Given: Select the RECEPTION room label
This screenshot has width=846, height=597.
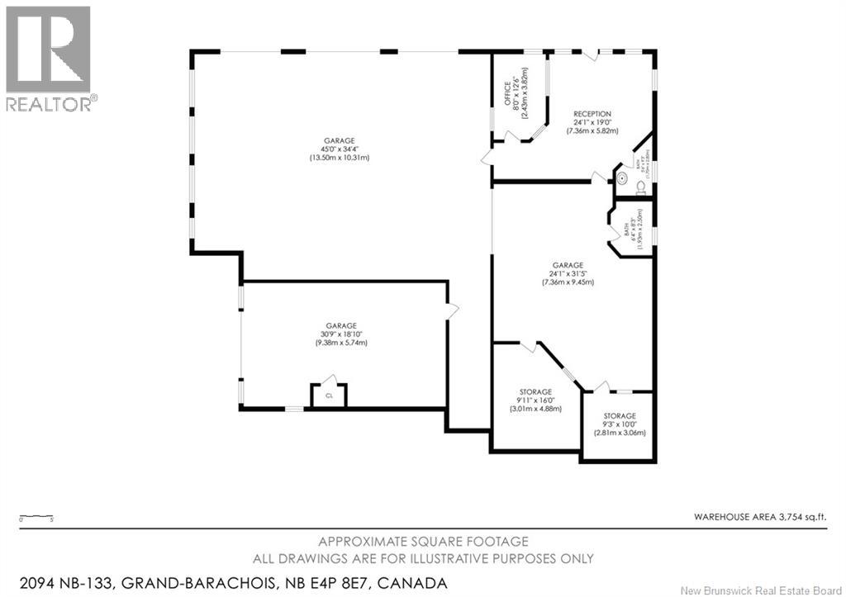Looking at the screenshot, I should click(x=593, y=114).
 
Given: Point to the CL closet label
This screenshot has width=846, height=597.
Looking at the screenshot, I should click(x=329, y=396).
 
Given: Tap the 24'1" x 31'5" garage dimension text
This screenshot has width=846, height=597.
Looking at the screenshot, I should click(x=568, y=274).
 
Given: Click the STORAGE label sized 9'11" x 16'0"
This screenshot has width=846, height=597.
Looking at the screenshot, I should click(x=535, y=391).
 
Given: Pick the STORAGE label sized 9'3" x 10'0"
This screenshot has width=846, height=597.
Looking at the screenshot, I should click(x=619, y=416).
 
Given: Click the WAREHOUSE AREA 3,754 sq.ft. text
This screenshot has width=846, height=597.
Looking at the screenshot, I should click(x=759, y=517).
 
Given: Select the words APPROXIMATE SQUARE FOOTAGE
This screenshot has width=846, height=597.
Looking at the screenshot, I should click(x=423, y=542).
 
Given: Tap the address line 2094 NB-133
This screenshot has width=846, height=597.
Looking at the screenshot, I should click(x=226, y=583).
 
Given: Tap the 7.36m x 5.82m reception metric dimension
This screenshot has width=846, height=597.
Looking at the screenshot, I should click(x=593, y=131).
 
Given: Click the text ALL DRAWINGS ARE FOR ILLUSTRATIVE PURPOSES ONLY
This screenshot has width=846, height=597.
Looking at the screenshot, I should click(x=423, y=559).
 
